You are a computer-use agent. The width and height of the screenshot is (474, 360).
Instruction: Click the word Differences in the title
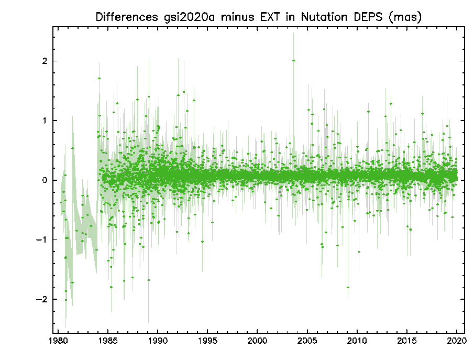tap(127, 17)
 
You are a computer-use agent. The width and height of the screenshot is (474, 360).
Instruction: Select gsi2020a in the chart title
tap(189, 17)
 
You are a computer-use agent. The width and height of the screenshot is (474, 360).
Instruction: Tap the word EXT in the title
tap(269, 17)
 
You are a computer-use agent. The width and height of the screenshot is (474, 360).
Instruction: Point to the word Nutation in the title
tap(324, 17)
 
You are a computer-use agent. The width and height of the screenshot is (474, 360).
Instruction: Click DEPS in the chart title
tap(368, 17)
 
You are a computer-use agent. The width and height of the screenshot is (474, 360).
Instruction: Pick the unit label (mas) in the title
tap(405, 17)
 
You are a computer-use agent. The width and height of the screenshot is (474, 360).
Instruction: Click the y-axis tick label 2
tap(45, 61)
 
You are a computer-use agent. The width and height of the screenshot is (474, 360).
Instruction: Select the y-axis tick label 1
tap(45, 121)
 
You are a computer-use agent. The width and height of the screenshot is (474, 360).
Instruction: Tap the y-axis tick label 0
tap(45, 180)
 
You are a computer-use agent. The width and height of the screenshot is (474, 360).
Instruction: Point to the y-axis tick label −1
tap(42, 240)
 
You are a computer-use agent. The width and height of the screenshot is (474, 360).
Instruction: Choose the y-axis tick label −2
tap(42, 300)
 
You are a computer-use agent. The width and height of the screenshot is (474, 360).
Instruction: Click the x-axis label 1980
tap(58, 341)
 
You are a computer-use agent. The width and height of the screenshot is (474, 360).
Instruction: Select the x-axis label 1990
tap(158, 341)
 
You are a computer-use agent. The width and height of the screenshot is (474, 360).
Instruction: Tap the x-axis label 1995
tap(208, 341)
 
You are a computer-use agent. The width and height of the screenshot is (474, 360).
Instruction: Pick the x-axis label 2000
tap(257, 341)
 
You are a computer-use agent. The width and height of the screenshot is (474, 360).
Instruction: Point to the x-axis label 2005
tap(307, 341)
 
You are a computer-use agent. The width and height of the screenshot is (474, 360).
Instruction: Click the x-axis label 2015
tap(407, 341)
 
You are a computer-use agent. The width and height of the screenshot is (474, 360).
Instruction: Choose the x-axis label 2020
tap(457, 341)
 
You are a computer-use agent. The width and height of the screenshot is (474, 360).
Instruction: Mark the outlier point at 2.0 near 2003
tap(293, 60)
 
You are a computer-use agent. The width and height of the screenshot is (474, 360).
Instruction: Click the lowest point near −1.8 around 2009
tap(348, 287)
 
